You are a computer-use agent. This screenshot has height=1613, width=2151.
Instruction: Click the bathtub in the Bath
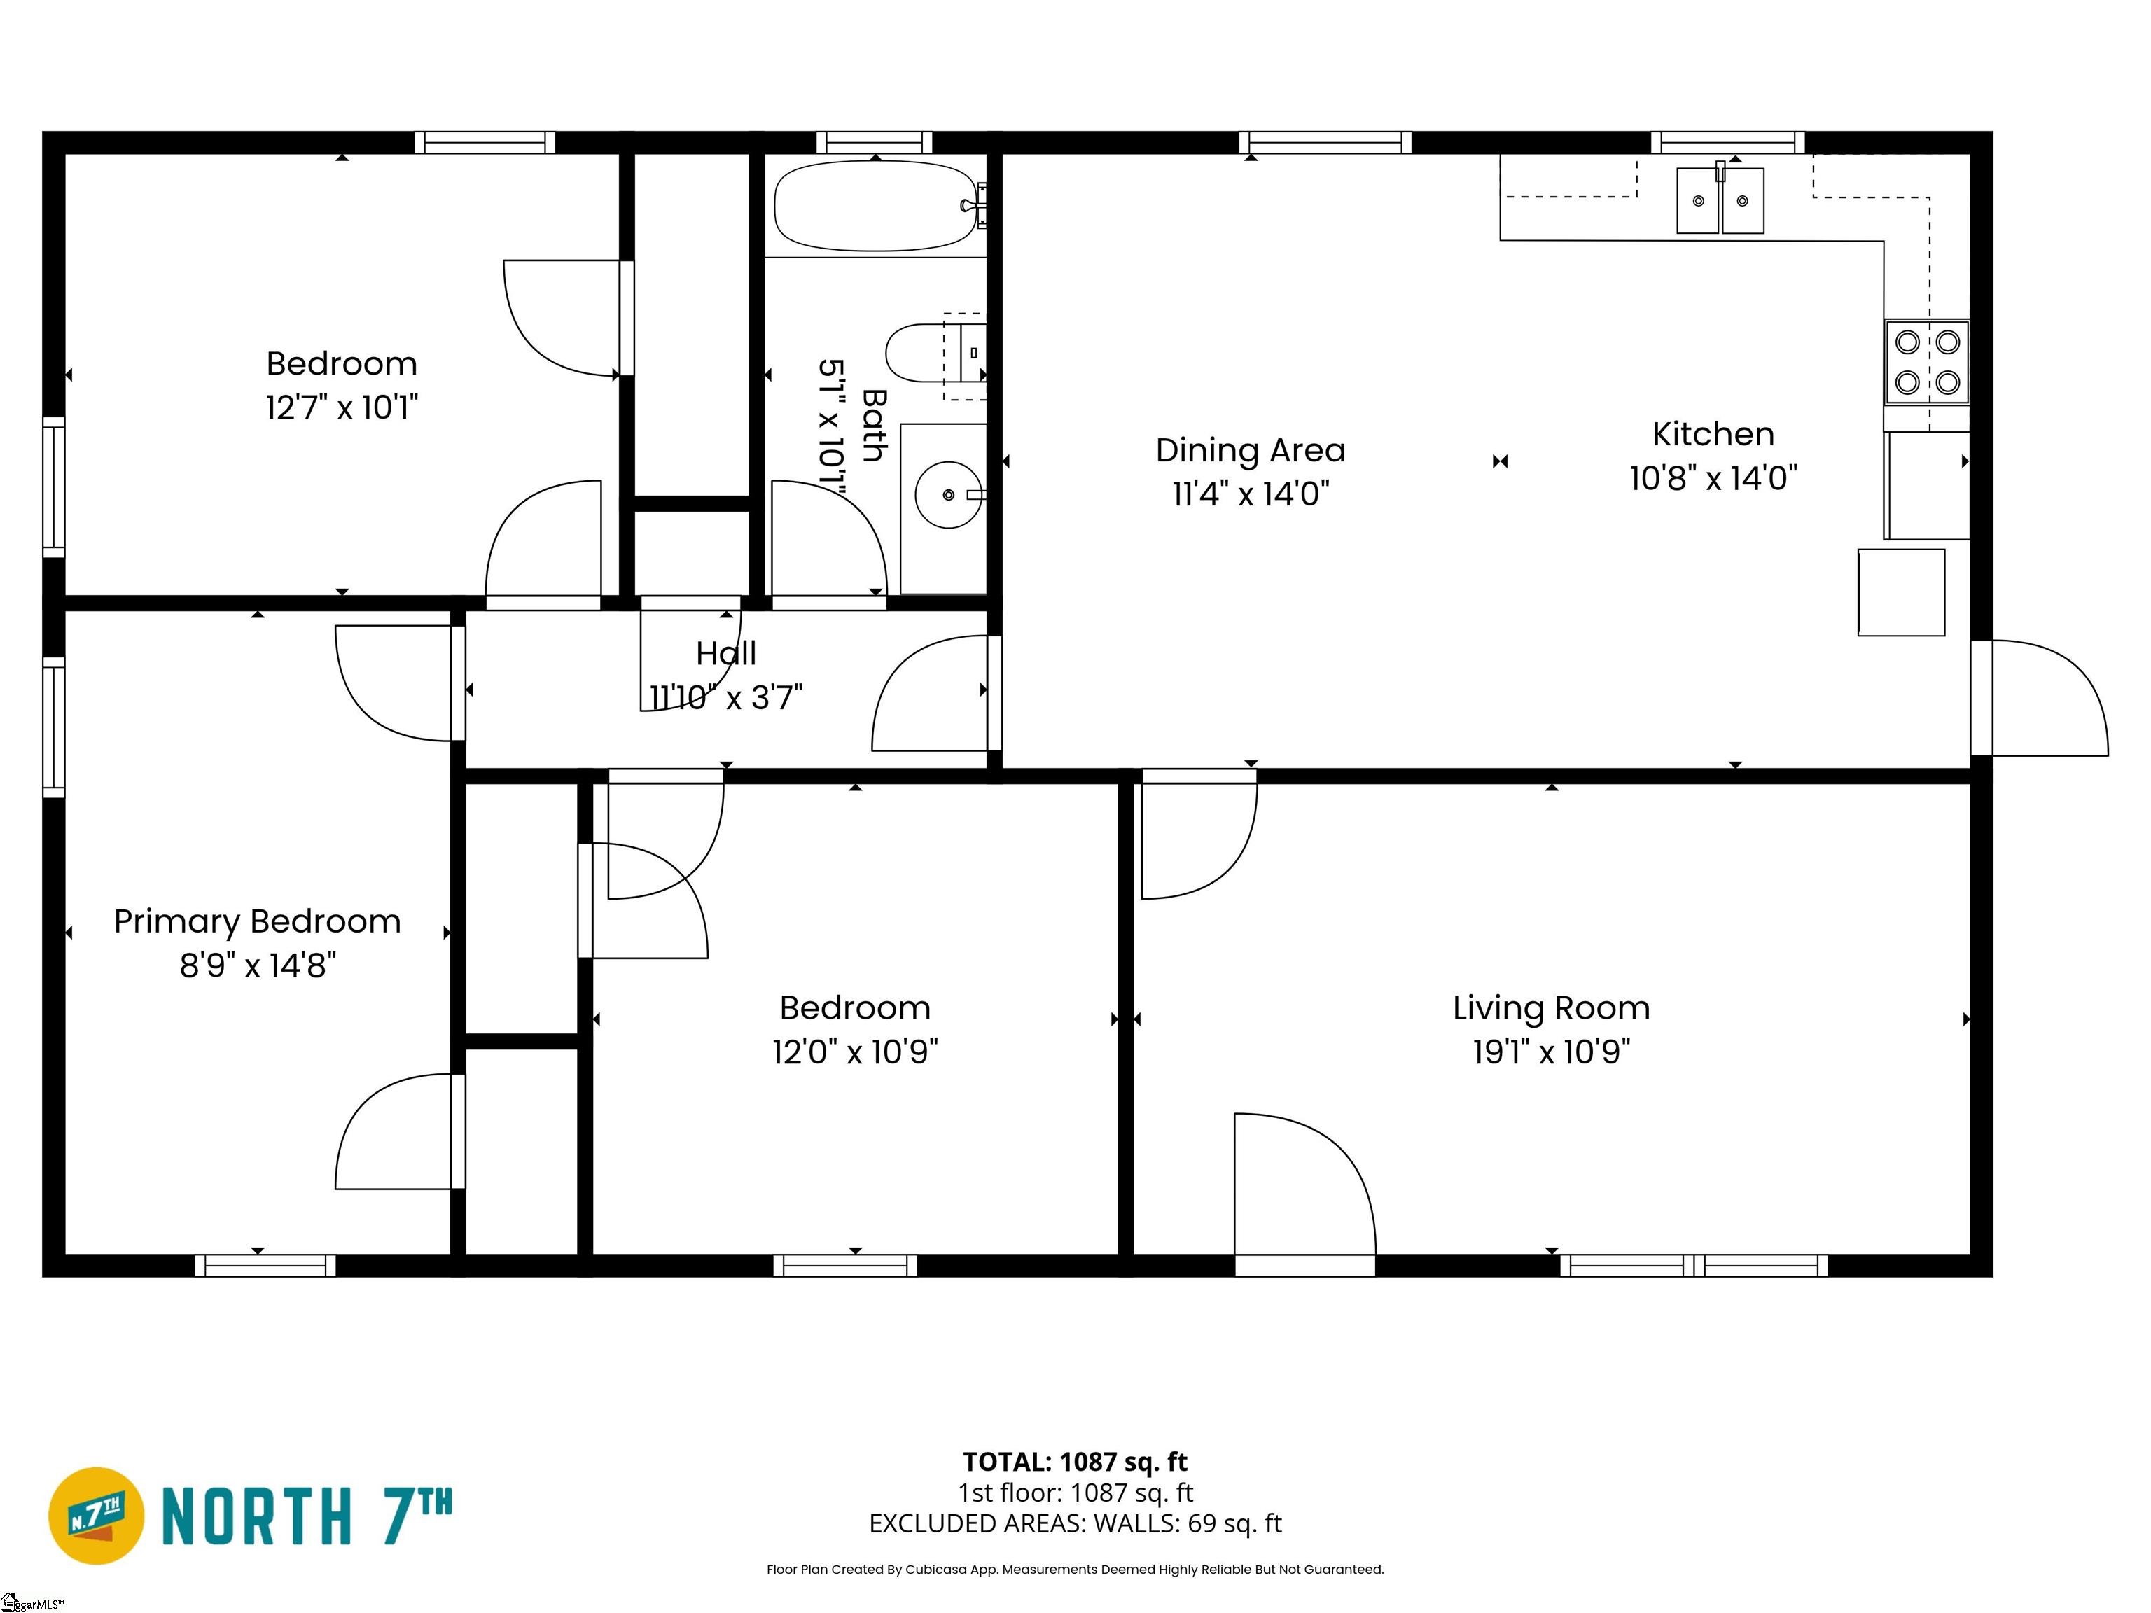[875, 206]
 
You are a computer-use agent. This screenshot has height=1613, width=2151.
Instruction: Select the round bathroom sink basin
[948, 495]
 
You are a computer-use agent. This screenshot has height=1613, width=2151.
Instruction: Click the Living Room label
[1551, 1007]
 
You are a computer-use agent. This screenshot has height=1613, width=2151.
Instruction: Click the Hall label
[725, 653]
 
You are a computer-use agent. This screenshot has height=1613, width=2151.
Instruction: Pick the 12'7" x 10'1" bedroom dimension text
[341, 407]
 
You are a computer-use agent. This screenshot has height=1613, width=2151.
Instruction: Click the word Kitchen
[1713, 433]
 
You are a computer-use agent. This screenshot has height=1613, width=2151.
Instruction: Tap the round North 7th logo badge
[96, 1516]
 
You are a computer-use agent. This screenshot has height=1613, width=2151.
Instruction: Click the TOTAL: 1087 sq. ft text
[1075, 1461]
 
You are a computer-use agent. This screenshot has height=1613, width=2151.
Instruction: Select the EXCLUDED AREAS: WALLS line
[1075, 1523]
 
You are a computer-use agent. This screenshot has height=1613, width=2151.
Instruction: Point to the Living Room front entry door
[1305, 1191]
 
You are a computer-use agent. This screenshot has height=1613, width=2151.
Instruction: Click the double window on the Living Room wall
[1694, 1265]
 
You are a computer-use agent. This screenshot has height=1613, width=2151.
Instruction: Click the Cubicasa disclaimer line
[1075, 1570]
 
